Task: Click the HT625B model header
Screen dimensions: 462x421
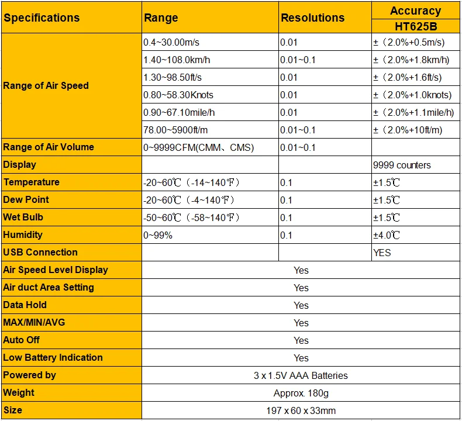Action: (x=416, y=26)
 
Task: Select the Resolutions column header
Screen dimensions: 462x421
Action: (x=313, y=18)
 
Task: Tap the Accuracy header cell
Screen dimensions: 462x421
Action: (x=415, y=11)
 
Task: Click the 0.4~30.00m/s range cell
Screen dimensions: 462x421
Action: (x=171, y=43)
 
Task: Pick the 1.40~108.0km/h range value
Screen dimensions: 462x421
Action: (x=177, y=60)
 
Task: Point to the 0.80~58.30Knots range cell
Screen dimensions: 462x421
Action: (x=178, y=95)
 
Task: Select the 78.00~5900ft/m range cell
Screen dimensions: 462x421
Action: (x=175, y=130)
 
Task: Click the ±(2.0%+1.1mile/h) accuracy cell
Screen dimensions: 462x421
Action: (x=413, y=112)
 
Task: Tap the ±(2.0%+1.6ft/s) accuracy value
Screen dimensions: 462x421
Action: (x=408, y=78)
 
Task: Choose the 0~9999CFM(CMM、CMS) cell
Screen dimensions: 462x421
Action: (x=199, y=147)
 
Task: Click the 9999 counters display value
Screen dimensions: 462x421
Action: (x=402, y=165)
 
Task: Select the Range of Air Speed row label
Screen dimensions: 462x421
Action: (x=46, y=86)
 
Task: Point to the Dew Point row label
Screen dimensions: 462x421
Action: (x=26, y=200)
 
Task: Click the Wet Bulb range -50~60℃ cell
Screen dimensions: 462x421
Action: (x=191, y=218)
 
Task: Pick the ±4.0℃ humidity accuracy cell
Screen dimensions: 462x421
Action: (x=387, y=236)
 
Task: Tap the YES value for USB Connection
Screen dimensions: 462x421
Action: (x=382, y=253)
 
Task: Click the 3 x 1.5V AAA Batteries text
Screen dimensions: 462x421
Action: (x=301, y=375)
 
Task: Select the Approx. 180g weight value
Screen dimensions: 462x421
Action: (x=301, y=394)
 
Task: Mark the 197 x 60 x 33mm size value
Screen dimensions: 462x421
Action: (x=301, y=410)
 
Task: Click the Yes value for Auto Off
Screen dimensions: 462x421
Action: (x=301, y=340)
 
